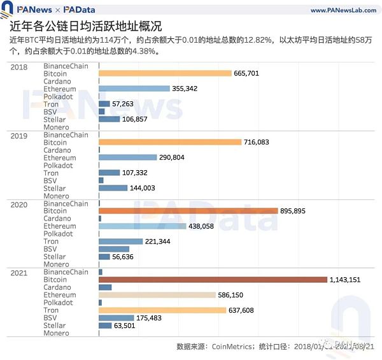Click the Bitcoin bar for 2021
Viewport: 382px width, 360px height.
[x=213, y=280]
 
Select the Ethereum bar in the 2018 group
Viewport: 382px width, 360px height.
[x=134, y=89]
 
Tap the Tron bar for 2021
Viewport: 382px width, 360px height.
[x=162, y=310]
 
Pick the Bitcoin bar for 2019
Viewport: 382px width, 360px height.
[x=170, y=142]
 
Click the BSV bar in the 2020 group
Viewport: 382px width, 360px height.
[x=114, y=249]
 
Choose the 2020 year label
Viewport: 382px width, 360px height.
[x=19, y=204]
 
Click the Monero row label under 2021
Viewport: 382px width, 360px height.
[x=56, y=333]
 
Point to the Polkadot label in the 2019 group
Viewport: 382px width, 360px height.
[x=59, y=165]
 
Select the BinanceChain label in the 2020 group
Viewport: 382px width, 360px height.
[x=66, y=204]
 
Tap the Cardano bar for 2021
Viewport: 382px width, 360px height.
[x=105, y=287]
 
